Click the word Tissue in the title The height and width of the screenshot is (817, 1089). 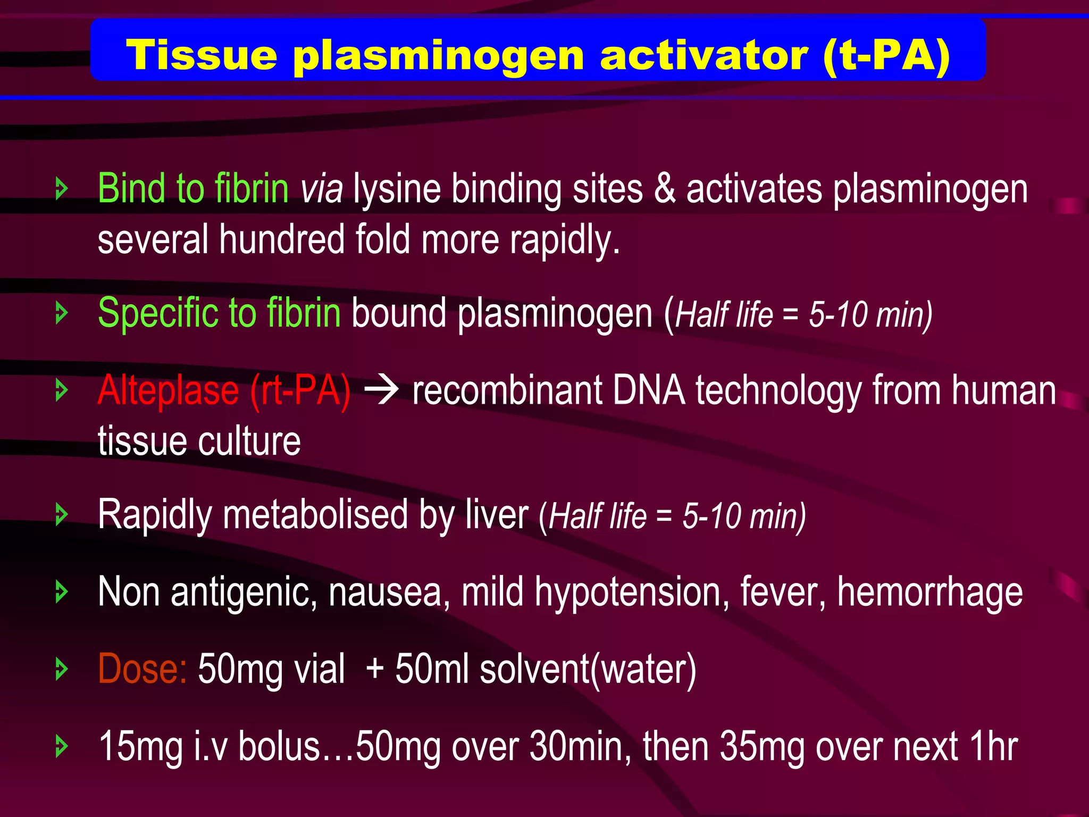click(202, 55)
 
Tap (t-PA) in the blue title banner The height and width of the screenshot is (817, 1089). click(886, 56)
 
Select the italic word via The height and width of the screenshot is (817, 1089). click(321, 190)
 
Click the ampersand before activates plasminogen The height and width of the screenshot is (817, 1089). click(665, 189)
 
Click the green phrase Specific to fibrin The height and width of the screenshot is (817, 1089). click(219, 313)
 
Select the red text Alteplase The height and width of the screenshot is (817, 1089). click(168, 391)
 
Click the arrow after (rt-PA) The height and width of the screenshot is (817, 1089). click(381, 391)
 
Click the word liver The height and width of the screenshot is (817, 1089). click(496, 515)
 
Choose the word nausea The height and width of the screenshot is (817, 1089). click(385, 592)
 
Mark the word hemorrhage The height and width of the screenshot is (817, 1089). click(929, 592)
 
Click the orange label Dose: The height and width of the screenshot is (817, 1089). click(142, 669)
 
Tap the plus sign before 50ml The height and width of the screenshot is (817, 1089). click(375, 669)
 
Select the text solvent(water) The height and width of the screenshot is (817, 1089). click(588, 669)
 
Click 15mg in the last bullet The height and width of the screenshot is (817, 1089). click(141, 747)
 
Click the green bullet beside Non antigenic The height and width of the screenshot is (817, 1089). click(62, 592)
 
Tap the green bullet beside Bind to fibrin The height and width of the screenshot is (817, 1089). click(62, 189)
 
